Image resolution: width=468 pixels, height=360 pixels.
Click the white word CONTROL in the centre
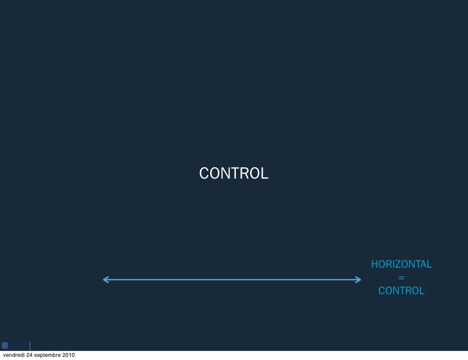pos(234,174)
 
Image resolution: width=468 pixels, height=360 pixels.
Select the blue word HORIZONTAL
pos(401,265)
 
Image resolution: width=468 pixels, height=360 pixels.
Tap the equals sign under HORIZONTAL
pos(401,278)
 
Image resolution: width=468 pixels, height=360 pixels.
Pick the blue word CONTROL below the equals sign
pos(401,291)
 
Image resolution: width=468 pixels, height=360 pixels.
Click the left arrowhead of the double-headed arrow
pos(106,280)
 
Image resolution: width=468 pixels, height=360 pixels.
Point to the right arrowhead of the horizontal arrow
pos(358,280)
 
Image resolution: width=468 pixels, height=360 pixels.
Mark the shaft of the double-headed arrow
pos(232,280)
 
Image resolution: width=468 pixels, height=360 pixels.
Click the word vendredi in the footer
pos(14,355)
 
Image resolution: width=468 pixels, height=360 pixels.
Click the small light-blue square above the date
pos(5,345)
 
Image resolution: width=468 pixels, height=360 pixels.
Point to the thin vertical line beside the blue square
pos(30,345)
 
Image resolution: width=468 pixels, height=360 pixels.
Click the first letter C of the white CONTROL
pos(204,174)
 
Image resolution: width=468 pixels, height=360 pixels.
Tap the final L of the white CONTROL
pos(265,174)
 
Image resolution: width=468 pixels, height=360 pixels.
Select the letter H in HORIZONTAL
pos(374,265)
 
